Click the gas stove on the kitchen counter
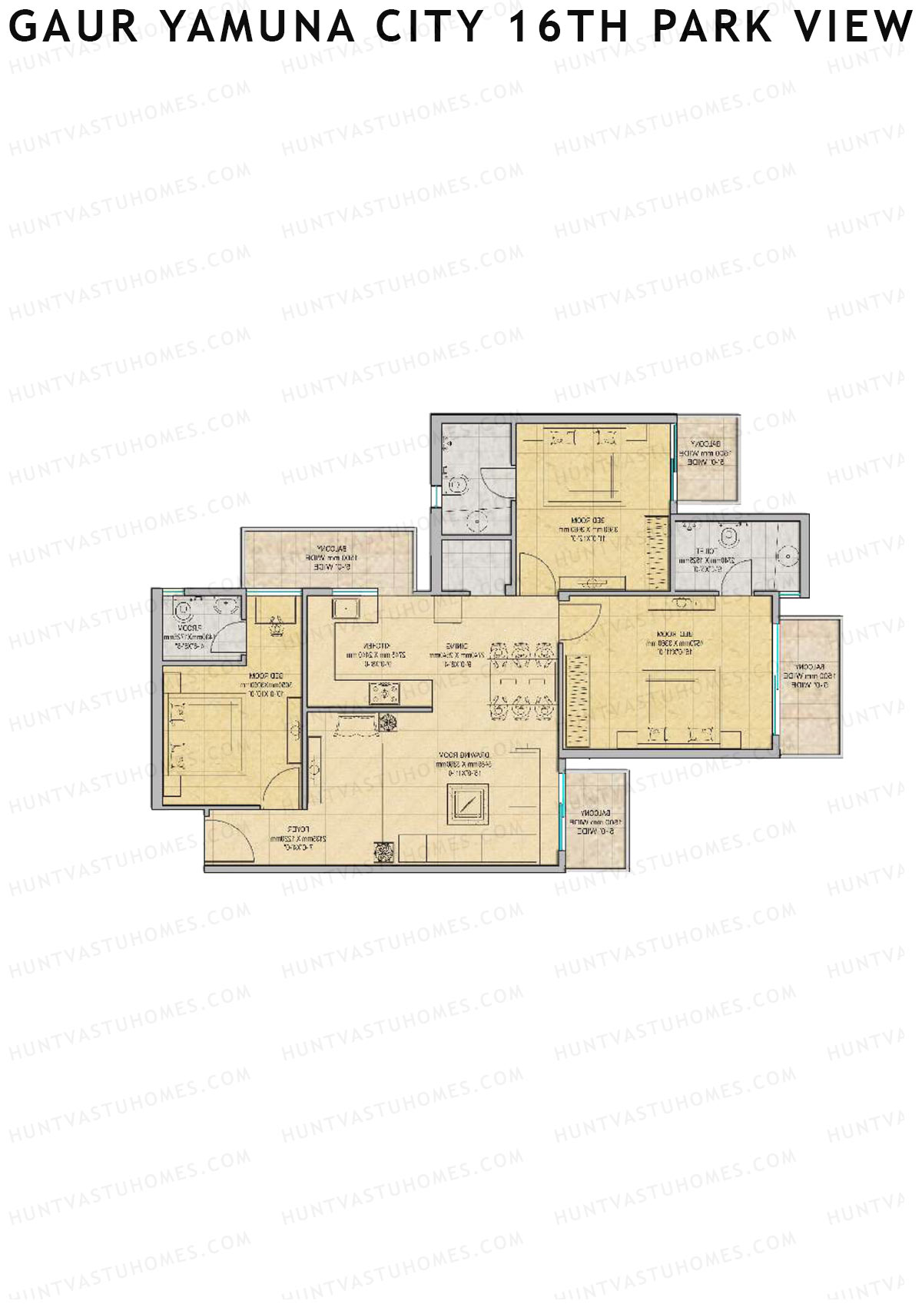click(381, 695)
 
